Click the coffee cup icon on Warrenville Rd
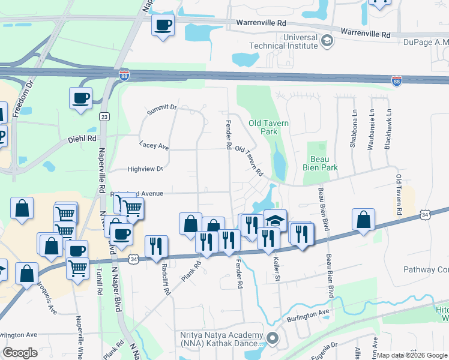(163, 25)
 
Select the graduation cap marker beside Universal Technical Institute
(327, 41)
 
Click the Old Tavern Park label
(269, 127)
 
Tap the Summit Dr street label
(162, 109)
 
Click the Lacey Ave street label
(154, 145)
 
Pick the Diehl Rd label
(83, 138)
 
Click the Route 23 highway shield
(105, 116)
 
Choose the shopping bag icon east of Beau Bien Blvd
(363, 220)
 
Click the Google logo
(20, 353)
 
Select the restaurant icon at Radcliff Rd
(156, 245)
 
